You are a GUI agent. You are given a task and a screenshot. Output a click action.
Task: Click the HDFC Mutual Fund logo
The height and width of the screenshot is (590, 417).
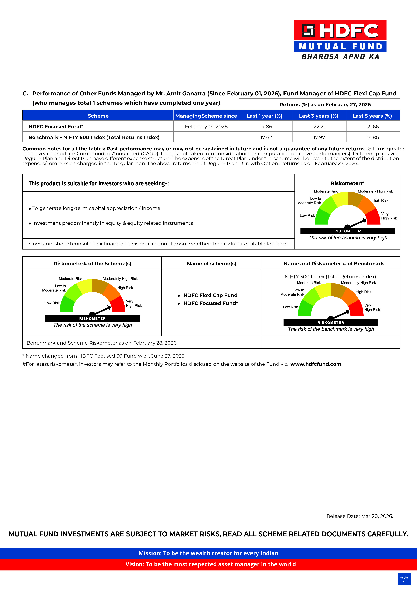point(340,40)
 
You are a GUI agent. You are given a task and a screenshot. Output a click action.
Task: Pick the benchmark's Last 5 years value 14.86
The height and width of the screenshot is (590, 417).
point(373,137)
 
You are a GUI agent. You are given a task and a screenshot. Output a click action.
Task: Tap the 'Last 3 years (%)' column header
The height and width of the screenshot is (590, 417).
point(319,116)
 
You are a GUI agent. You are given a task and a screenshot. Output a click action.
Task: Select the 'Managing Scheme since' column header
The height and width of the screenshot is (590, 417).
point(206,116)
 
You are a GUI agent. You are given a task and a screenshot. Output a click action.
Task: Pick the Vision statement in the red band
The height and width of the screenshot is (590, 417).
point(210,564)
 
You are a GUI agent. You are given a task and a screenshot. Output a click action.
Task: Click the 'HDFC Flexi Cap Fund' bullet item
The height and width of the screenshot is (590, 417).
point(210,295)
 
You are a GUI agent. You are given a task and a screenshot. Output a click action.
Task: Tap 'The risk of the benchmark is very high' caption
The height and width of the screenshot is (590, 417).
point(331,329)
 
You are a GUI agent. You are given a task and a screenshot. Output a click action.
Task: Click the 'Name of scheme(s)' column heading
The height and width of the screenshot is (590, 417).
point(212,263)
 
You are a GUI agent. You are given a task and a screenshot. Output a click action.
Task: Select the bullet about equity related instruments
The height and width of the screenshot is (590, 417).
point(112,223)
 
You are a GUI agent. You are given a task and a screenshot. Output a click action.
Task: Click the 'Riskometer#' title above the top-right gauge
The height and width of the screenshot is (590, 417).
point(347,183)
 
